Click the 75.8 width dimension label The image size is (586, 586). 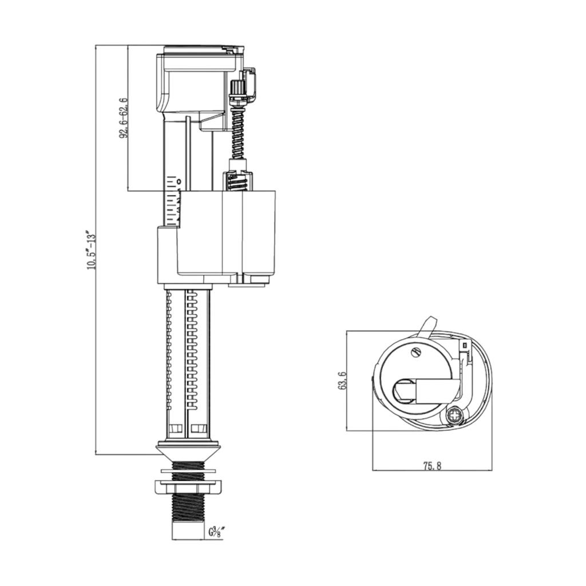[432, 466]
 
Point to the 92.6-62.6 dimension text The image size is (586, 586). [124, 118]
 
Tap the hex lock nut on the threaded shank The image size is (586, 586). [188, 488]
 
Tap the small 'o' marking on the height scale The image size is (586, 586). [179, 181]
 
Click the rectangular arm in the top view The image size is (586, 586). [438, 391]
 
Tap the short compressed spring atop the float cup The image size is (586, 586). [237, 182]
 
